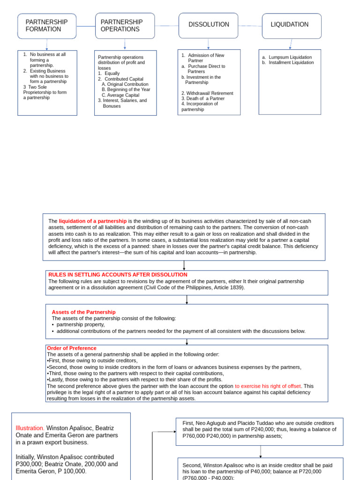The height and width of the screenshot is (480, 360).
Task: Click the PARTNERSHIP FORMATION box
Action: [47, 26]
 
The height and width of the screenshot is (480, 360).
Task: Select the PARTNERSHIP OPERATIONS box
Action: [125, 26]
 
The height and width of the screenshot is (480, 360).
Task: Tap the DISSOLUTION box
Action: [209, 25]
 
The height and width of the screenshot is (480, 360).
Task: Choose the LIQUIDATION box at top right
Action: [291, 25]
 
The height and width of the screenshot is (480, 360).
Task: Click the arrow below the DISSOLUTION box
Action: [208, 44]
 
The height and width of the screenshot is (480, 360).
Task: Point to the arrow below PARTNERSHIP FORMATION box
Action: [47, 45]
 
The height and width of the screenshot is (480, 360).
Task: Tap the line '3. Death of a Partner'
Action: [203, 98]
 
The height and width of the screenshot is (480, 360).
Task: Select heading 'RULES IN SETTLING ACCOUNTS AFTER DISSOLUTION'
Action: [118, 275]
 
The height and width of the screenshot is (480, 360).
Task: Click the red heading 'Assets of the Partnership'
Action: [83, 312]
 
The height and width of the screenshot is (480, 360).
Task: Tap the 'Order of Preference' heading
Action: [72, 348]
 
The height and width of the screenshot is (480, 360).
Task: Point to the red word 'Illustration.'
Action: [30, 428]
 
